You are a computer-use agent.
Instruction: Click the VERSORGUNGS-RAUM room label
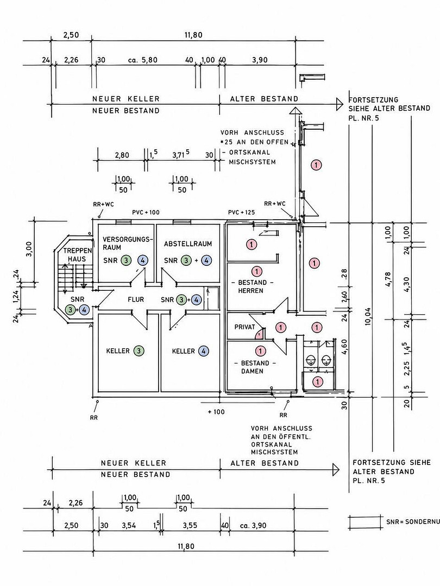tap(128, 243)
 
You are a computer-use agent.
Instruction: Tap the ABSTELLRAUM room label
tap(188, 244)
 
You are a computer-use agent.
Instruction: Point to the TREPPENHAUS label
tap(77, 254)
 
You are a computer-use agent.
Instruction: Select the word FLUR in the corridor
tap(136, 300)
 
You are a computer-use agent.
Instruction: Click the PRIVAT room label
tap(244, 327)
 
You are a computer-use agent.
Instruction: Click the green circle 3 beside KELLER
tap(139, 351)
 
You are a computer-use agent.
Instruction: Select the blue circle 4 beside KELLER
tap(204, 351)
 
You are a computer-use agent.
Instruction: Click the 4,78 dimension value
tap(388, 279)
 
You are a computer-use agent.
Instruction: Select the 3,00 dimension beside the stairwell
tap(30, 249)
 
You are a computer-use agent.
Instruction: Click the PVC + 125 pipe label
tap(241, 212)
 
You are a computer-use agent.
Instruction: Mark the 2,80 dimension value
tap(122, 155)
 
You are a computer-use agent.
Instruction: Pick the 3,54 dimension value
tap(129, 525)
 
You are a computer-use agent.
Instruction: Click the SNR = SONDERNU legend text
tap(413, 521)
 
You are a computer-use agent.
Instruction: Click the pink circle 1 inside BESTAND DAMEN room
tap(260, 351)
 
